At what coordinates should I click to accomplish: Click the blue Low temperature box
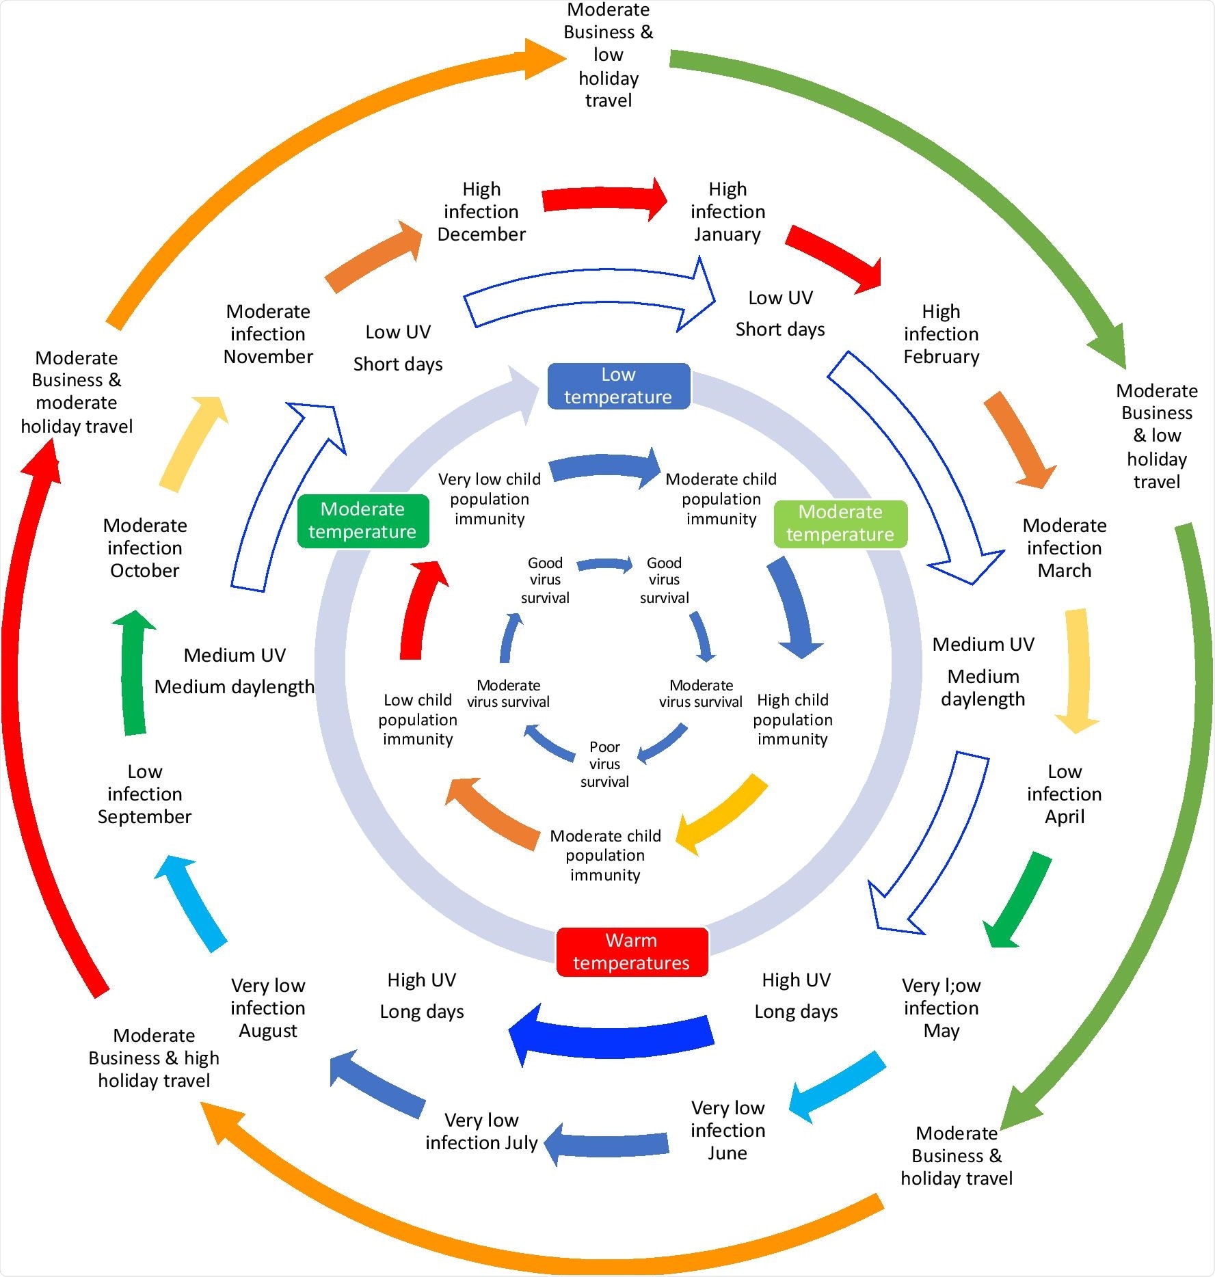618,386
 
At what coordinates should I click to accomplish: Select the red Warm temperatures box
631,952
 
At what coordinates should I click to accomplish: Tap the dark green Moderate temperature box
362,521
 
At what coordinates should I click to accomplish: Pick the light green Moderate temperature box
840,524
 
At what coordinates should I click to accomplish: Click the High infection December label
481,212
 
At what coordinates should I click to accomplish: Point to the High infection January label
727,212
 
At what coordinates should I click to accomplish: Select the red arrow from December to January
604,199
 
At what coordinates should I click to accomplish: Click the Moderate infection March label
1064,548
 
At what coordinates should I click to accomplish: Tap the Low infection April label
1064,794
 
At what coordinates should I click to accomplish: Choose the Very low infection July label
481,1131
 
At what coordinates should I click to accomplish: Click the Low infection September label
145,794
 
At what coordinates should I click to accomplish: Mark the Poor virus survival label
604,764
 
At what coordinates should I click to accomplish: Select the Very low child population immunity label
490,499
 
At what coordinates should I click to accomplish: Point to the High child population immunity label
792,720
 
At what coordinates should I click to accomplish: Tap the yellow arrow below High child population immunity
721,814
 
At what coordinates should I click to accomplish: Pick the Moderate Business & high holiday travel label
154,1058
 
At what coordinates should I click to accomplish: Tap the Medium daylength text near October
235,687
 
